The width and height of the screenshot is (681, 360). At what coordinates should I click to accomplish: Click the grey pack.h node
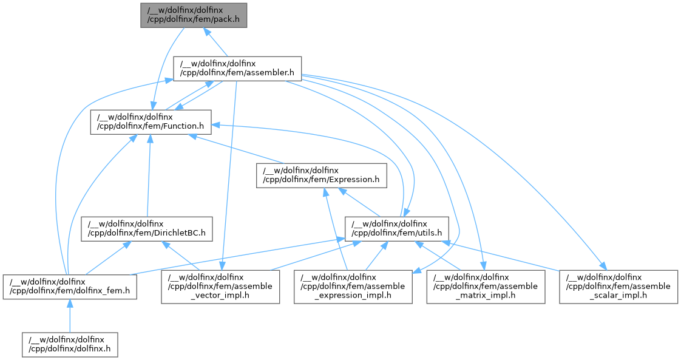pyautogui.click(x=194, y=15)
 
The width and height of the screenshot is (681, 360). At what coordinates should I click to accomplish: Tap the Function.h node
pyautogui.click(x=150, y=121)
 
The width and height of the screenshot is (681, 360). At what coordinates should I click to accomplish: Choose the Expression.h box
pyautogui.click(x=321, y=175)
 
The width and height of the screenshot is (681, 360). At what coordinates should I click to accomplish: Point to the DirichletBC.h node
pyautogui.click(x=147, y=228)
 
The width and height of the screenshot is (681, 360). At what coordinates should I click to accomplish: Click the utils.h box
pyautogui.click(x=397, y=228)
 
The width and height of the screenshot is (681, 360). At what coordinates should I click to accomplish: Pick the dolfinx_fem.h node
pyautogui.click(x=70, y=287)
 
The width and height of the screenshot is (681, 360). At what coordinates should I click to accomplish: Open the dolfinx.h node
pyautogui.click(x=70, y=344)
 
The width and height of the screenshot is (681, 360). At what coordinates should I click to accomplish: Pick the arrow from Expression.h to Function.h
pyautogui.click(x=237, y=148)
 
